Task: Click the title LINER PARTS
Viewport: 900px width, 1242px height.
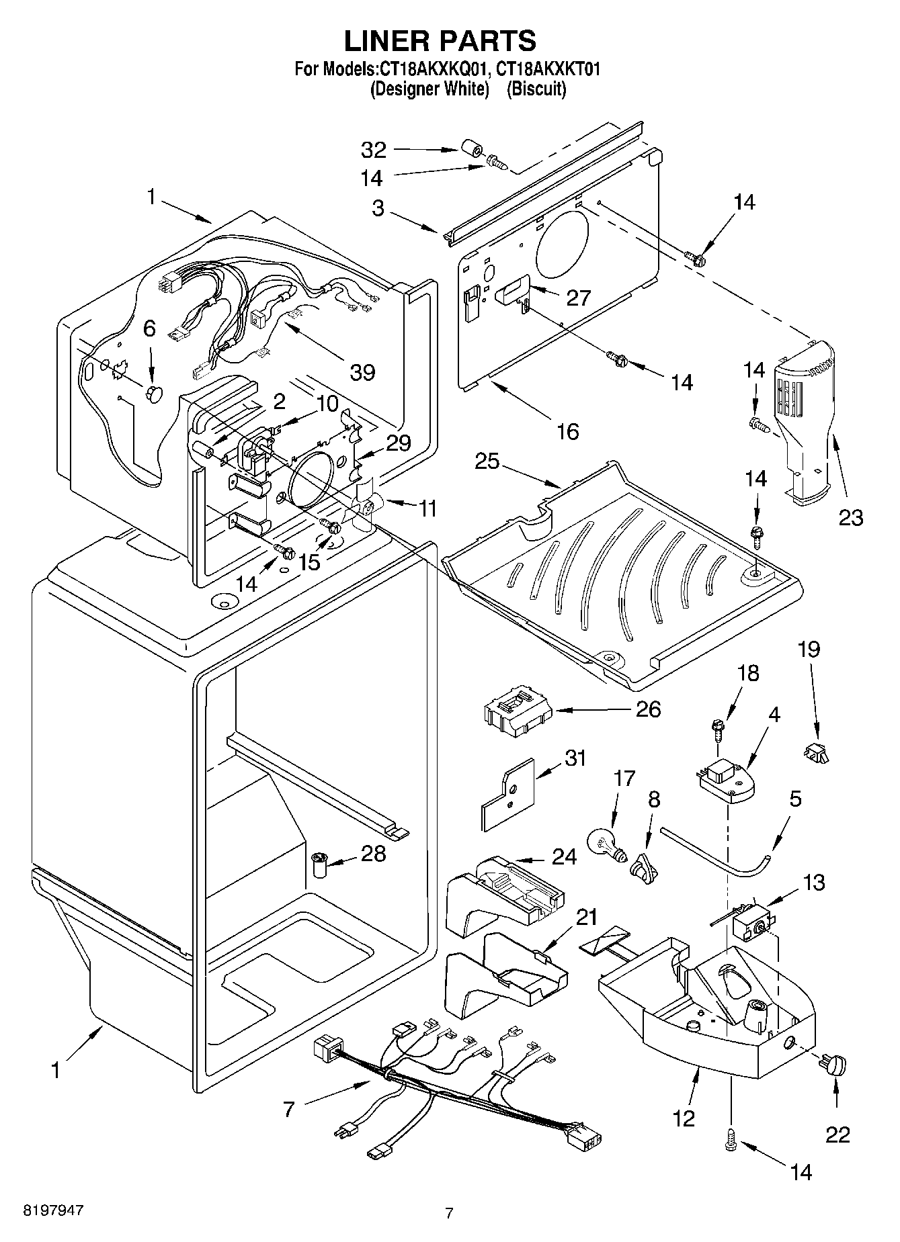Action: [x=440, y=42]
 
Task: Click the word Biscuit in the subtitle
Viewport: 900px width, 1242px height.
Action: [x=536, y=89]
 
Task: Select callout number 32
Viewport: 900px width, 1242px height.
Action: [x=374, y=149]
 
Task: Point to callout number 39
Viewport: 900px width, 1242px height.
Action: [x=362, y=371]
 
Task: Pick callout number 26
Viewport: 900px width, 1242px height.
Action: [x=649, y=709]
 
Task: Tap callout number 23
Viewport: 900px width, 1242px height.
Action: [x=850, y=517]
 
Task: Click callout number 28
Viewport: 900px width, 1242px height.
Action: [x=374, y=854]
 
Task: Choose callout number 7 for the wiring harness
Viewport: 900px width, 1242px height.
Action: [x=289, y=1109]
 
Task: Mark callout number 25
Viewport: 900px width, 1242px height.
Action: [x=487, y=461]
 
